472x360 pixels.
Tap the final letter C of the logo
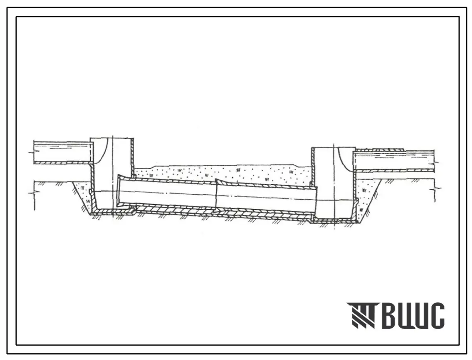click(x=436, y=315)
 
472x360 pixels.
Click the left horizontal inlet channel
click(x=61, y=152)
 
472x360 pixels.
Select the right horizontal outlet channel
click(x=394, y=161)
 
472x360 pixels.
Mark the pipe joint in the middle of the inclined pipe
click(x=217, y=194)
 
